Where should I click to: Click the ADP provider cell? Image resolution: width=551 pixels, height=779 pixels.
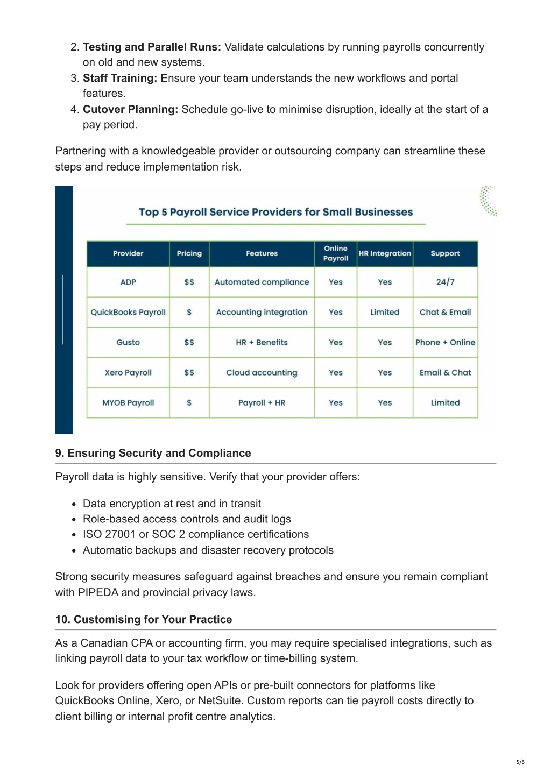[x=128, y=282]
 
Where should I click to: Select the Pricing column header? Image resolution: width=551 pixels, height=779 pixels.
[x=189, y=253]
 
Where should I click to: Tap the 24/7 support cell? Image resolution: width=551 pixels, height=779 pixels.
[x=445, y=282]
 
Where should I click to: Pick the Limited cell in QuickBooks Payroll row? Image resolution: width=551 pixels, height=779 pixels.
[x=385, y=312]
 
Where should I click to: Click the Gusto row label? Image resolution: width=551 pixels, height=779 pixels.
[x=128, y=342]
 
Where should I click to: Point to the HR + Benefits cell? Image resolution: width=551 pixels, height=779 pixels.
[x=262, y=342]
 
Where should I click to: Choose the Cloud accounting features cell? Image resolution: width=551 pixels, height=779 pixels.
[x=262, y=372]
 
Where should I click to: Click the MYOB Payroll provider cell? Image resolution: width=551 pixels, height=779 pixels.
[x=128, y=402]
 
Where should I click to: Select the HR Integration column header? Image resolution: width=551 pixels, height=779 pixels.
[x=385, y=253]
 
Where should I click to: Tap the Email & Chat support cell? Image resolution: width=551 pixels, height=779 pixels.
[x=445, y=372]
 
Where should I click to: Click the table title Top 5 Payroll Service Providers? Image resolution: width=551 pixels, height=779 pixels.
[x=275, y=212]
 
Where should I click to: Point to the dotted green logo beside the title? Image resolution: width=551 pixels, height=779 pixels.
[x=488, y=201]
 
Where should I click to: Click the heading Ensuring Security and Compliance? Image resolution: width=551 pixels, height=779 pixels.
[x=153, y=453]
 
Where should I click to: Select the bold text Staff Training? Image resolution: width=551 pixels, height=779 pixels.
[x=119, y=78]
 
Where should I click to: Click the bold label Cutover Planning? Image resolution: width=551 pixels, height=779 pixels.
[x=130, y=109]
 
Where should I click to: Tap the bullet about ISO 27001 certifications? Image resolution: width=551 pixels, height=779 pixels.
[x=196, y=534]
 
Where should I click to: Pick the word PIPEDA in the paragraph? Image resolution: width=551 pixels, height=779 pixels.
[x=98, y=592]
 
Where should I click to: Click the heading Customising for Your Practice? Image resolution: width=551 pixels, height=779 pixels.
[x=144, y=619]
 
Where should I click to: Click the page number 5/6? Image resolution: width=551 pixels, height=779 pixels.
[x=520, y=762]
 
